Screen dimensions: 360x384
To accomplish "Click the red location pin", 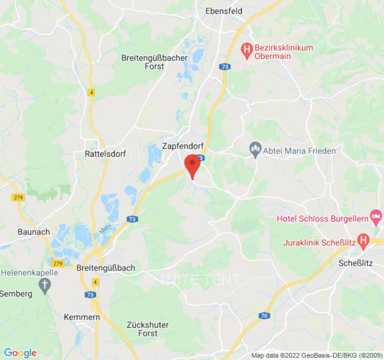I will pos(193,165).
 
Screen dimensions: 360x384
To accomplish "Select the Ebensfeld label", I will pos(223,11).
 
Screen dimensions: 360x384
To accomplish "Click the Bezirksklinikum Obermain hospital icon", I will pos(246,48).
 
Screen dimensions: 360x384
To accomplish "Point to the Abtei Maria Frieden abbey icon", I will pos(255,150).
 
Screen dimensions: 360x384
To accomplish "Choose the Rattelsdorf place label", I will pos(105,154).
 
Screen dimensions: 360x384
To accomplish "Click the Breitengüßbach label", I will pos(106,268).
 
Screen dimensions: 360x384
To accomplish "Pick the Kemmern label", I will pos(81,317).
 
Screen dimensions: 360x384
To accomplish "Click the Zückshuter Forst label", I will pos(148,329).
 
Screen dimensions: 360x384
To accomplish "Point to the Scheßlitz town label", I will pos(356,263).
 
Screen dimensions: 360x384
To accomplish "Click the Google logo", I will pos(20,353).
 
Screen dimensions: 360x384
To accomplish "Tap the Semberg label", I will pos(16,294).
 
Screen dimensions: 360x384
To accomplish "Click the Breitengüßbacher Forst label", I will pos(143,62).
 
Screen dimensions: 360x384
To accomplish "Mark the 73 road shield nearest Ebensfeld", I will pos(224,66).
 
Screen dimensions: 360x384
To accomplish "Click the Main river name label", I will pos(105,229).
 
